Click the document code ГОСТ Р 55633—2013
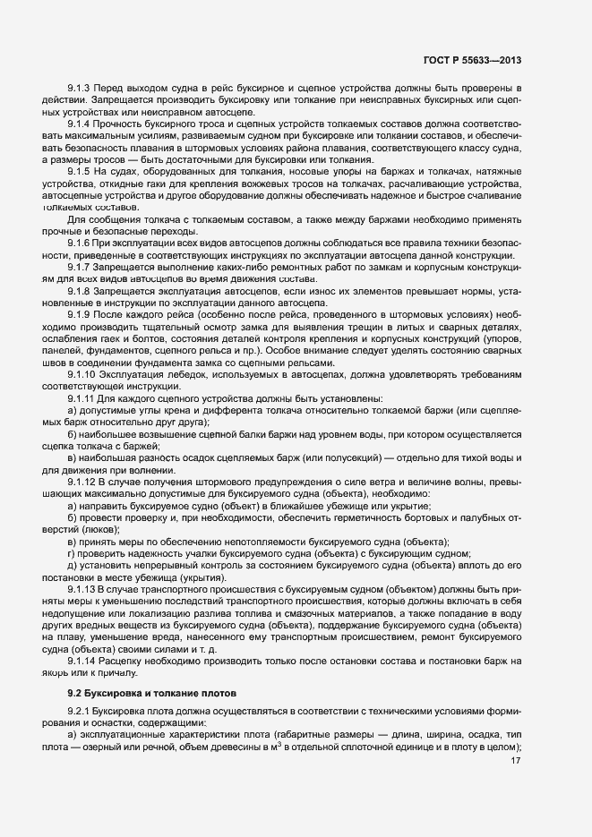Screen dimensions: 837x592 473,60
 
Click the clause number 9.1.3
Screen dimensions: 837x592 80,89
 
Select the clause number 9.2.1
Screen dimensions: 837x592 80,713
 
